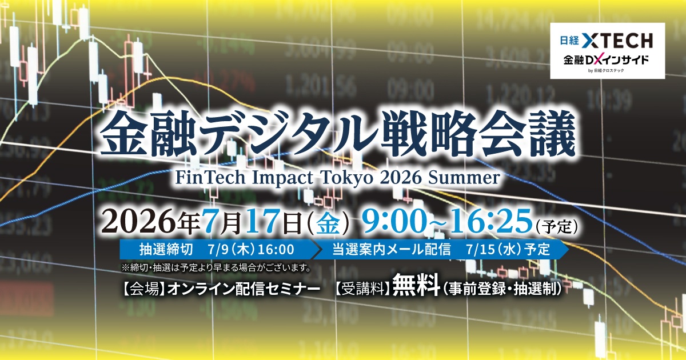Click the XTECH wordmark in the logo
(617, 41)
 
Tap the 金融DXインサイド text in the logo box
(606, 60)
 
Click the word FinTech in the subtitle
(210, 177)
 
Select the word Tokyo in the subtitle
(347, 178)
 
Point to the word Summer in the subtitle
(464, 178)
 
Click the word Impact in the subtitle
(283, 178)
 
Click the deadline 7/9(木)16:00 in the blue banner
(250, 250)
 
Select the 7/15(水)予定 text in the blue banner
(508, 250)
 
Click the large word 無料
(416, 285)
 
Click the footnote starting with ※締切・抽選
(217, 268)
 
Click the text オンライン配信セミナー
(244, 289)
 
